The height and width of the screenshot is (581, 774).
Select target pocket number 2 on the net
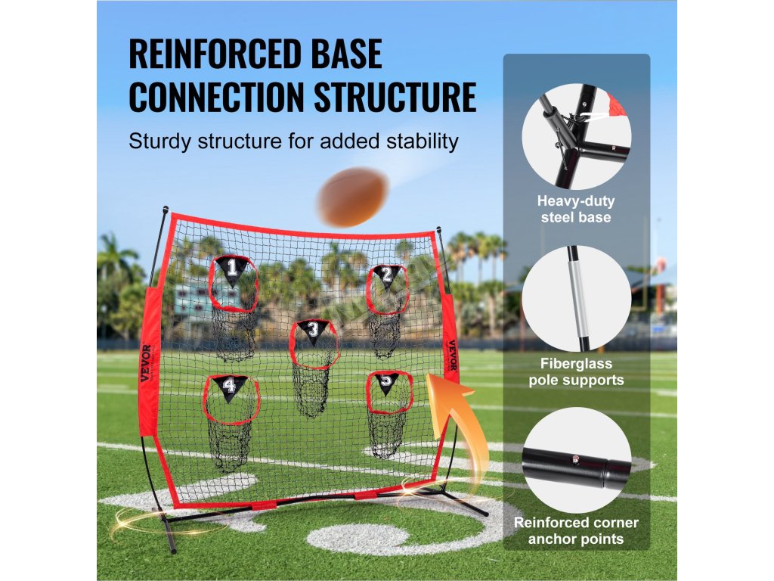[x=386, y=291]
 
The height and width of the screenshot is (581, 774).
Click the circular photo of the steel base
[x=576, y=138]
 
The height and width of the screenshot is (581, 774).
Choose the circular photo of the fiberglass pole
[x=576, y=298]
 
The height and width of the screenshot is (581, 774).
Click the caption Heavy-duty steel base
[x=576, y=210]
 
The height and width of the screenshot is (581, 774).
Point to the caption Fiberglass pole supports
[x=576, y=371]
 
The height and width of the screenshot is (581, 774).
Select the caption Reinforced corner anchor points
[x=576, y=531]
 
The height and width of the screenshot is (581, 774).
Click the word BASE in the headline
[x=344, y=55]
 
